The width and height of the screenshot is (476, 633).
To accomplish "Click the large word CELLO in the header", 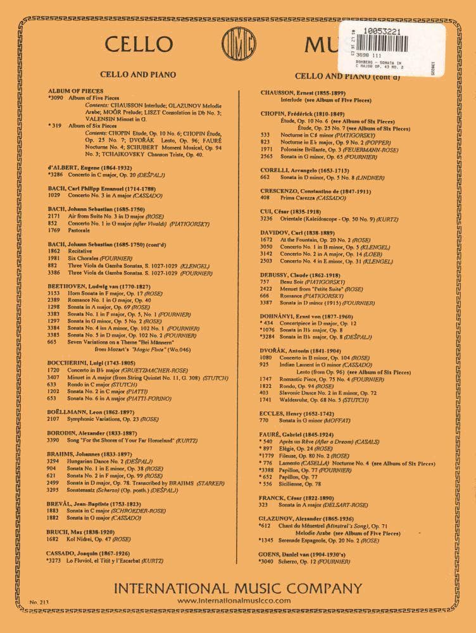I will click(x=139, y=44).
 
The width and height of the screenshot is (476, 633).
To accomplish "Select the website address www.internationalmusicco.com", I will click(x=235, y=600).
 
